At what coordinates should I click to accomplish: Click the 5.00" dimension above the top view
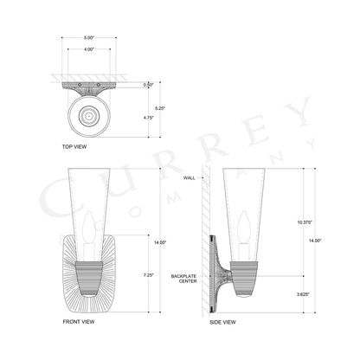tap(90, 37)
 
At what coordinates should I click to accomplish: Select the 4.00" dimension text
tap(90, 49)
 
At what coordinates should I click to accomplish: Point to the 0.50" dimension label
tap(148, 85)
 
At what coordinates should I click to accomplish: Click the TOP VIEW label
tap(74, 147)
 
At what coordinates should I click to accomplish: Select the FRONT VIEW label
tap(78, 321)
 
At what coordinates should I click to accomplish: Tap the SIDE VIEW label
tap(222, 321)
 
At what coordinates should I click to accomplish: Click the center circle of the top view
tap(90, 112)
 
